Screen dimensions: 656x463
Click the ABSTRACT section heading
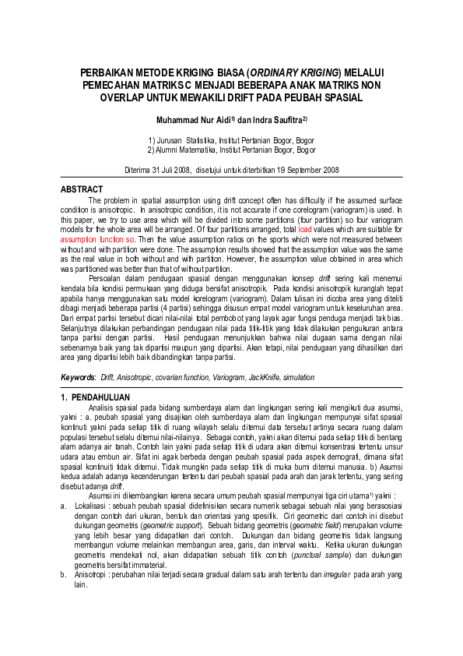(x=82, y=189)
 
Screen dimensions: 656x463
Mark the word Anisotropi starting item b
(x=92, y=573)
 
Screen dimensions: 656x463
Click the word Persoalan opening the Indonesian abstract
(x=107, y=277)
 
